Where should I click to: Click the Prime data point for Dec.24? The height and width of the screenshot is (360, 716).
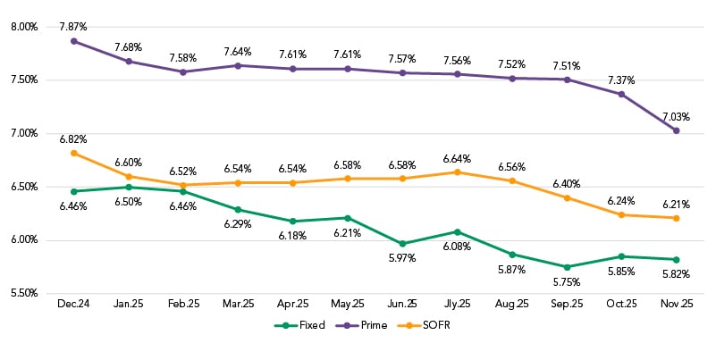[x=73, y=41]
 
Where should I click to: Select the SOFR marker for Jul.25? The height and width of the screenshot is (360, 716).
[x=457, y=172]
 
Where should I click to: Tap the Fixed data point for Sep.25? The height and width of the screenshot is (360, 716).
[x=567, y=267]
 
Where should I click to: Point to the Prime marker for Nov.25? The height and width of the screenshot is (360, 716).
[x=676, y=130]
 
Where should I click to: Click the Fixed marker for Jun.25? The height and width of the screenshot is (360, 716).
[x=402, y=244]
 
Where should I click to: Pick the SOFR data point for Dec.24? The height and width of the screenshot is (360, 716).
[x=73, y=153]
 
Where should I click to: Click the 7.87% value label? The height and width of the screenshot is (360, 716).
[x=73, y=26]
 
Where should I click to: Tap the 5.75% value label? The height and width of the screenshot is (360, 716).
[x=567, y=282]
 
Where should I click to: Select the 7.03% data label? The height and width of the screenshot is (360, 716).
[x=676, y=115]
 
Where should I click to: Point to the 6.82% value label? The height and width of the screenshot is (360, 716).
[x=73, y=138]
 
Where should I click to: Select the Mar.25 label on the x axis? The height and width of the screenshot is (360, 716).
[x=238, y=304]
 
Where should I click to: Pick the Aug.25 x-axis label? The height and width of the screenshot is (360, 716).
[x=512, y=304]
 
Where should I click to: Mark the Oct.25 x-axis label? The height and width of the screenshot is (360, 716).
[x=621, y=304]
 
